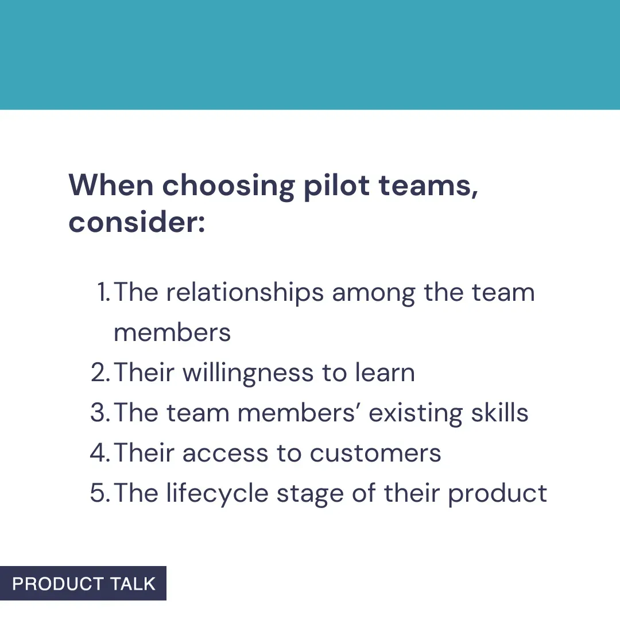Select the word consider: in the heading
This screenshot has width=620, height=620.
tap(137, 222)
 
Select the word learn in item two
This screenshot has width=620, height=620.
tap(385, 373)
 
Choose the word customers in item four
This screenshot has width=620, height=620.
tap(375, 454)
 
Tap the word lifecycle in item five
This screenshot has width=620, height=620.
tap(218, 494)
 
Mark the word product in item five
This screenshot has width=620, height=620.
tap(497, 494)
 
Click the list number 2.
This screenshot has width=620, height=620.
tap(100, 373)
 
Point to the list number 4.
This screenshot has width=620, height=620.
tap(100, 454)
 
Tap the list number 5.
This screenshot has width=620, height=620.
tap(100, 494)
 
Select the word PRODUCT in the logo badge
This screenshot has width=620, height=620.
tap(58, 584)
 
